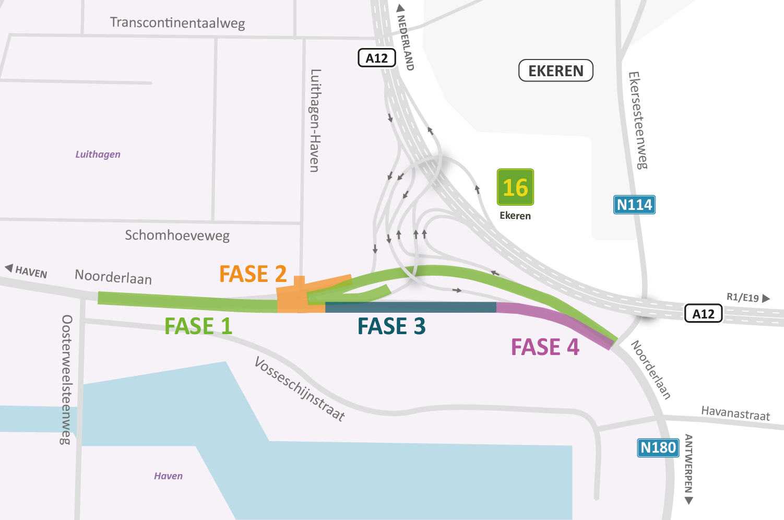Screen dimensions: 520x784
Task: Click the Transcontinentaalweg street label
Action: pyautogui.click(x=177, y=23)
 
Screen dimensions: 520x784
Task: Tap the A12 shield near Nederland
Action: pyautogui.click(x=376, y=58)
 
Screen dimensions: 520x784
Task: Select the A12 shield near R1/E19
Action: pyautogui.click(x=703, y=314)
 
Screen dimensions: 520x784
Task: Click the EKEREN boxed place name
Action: pyautogui.click(x=556, y=71)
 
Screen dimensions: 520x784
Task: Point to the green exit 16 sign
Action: pyautogui.click(x=515, y=187)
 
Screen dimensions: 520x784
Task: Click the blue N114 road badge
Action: pyautogui.click(x=634, y=205)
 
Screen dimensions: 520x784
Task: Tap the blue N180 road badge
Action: pyautogui.click(x=658, y=447)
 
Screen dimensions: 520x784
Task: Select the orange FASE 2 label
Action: pyautogui.click(x=253, y=274)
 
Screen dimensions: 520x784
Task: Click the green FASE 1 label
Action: pyautogui.click(x=198, y=326)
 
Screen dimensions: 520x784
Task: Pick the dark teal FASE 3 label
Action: pyautogui.click(x=391, y=326)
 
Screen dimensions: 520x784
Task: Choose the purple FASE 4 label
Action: pyautogui.click(x=545, y=347)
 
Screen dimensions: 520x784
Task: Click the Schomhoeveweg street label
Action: pyautogui.click(x=177, y=235)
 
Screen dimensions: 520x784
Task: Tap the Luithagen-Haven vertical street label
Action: pyautogui.click(x=315, y=121)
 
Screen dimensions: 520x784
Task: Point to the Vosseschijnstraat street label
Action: pyautogui.click(x=300, y=389)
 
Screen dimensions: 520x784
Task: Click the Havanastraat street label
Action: pyautogui.click(x=735, y=413)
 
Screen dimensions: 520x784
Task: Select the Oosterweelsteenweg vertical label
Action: pyautogui.click(x=67, y=380)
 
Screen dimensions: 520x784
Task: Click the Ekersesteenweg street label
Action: pyautogui.click(x=638, y=121)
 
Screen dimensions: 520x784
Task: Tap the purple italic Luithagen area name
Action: pyautogui.click(x=98, y=155)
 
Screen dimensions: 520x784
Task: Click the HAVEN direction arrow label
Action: pyautogui.click(x=27, y=271)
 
